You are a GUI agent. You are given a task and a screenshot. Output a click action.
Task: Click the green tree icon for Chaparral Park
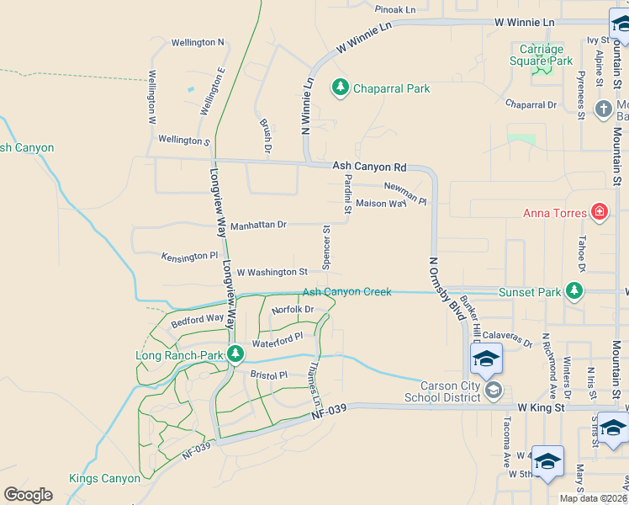tap(340, 88)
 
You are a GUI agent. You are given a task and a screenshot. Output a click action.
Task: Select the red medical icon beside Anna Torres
tap(599, 211)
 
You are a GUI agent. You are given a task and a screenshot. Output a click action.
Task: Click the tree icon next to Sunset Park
tap(574, 291)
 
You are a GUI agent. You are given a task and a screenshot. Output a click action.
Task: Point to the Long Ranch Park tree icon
tap(236, 351)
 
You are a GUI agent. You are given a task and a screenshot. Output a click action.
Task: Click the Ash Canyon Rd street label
tap(369, 167)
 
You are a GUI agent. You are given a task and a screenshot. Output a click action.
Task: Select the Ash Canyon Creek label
tap(346, 292)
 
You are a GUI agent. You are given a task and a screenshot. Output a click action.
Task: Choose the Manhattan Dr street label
tap(258, 226)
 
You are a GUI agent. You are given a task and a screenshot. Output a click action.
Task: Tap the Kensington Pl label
tap(189, 255)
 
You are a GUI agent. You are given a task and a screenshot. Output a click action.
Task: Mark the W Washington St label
tap(272, 273)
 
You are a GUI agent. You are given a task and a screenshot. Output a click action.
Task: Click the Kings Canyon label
tap(105, 478)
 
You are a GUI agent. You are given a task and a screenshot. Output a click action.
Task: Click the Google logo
tap(28, 495)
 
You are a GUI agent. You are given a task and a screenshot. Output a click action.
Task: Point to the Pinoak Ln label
tap(395, 9)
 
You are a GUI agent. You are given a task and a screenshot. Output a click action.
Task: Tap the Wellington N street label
tap(198, 42)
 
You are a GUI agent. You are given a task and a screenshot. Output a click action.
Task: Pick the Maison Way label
tap(381, 204)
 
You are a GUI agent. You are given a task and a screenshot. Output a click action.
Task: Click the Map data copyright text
tap(593, 498)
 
